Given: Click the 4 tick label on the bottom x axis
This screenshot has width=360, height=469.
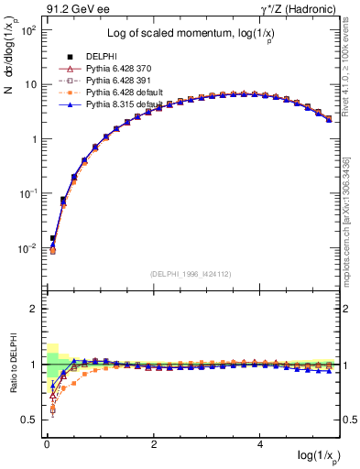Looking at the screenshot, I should pos(261,443).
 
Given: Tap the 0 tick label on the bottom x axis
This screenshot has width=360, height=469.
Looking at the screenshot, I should pos(47,443).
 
